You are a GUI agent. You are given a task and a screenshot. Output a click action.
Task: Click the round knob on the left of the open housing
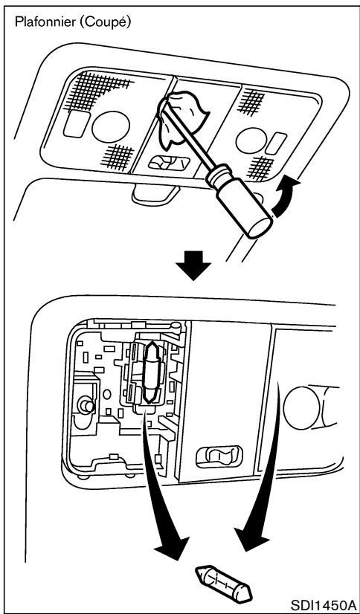coord(83,406)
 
